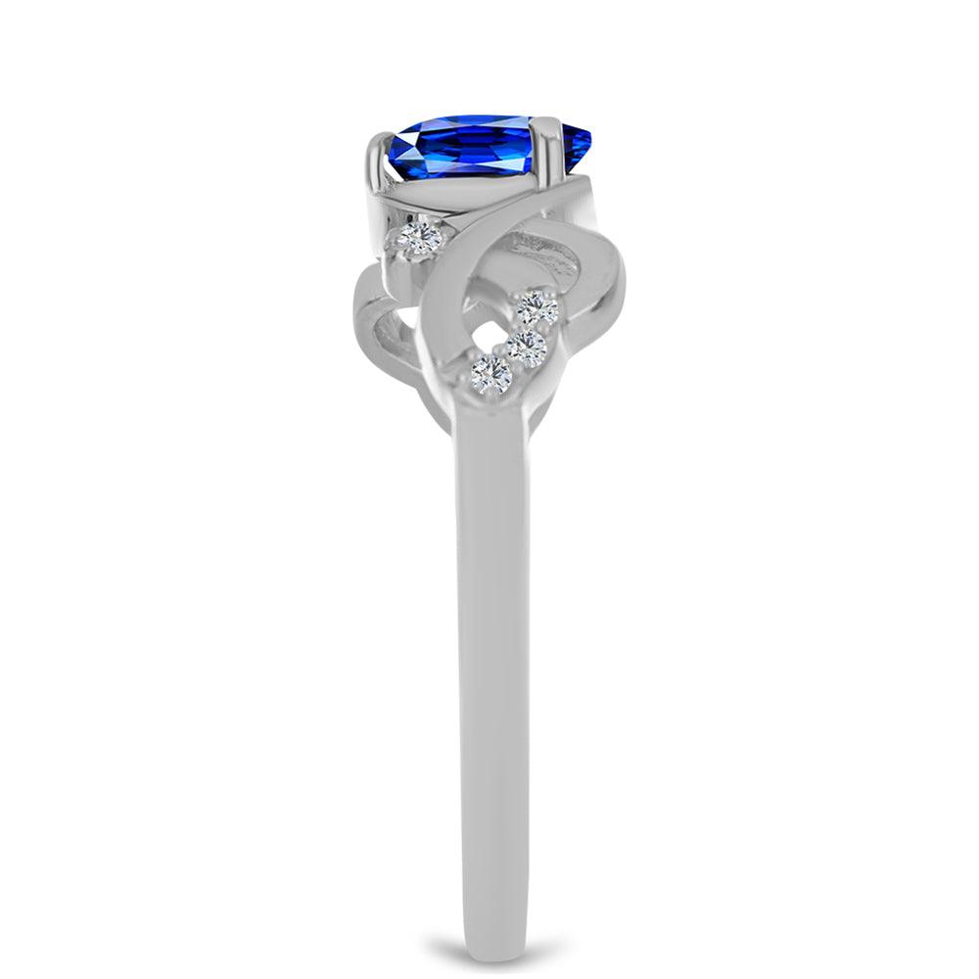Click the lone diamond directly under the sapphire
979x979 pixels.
point(419,236)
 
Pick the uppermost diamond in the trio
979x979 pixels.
point(537,308)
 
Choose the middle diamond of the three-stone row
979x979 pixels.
point(526,348)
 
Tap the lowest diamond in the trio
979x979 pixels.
point(490,373)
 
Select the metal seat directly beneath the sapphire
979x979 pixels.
point(460,201)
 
